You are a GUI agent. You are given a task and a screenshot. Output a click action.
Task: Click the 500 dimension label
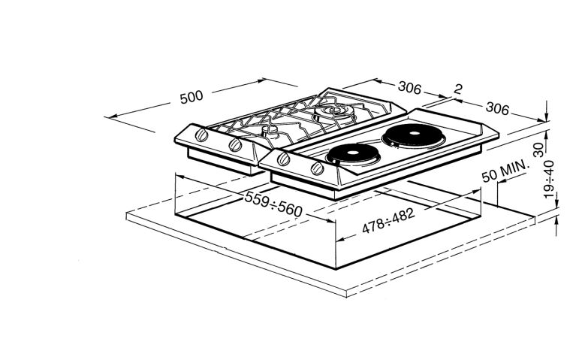point(191,97)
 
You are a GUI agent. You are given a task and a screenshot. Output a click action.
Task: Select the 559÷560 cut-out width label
point(273,201)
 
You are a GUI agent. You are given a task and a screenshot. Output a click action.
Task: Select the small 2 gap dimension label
point(458,89)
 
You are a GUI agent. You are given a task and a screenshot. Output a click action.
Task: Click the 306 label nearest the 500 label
point(409,88)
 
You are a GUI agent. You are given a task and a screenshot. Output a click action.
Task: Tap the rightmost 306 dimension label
point(496,107)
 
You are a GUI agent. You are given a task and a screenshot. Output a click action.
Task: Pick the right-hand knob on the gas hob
point(235,144)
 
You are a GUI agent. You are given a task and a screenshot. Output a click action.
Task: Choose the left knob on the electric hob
point(284,159)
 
